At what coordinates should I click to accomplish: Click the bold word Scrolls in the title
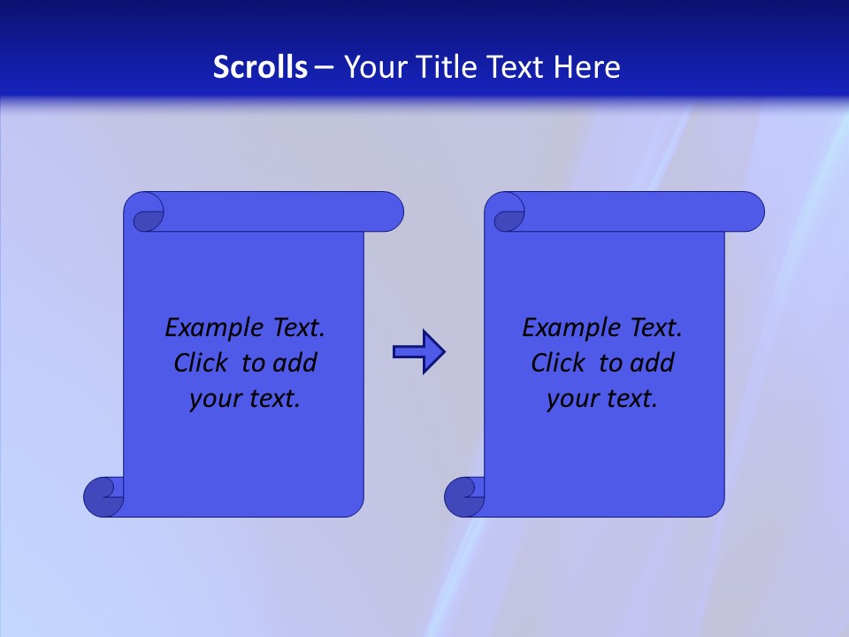click(x=260, y=67)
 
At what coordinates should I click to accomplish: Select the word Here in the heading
click(x=587, y=67)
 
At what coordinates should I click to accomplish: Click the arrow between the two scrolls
click(x=418, y=352)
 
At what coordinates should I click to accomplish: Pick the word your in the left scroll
click(x=214, y=400)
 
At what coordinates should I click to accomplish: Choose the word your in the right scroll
click(x=571, y=400)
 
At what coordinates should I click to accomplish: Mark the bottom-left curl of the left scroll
click(x=103, y=495)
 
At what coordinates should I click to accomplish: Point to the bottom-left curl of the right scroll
click(x=463, y=495)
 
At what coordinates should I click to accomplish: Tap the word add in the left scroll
click(x=296, y=363)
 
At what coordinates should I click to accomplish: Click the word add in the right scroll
click(x=654, y=363)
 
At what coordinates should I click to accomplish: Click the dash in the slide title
click(x=325, y=67)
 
